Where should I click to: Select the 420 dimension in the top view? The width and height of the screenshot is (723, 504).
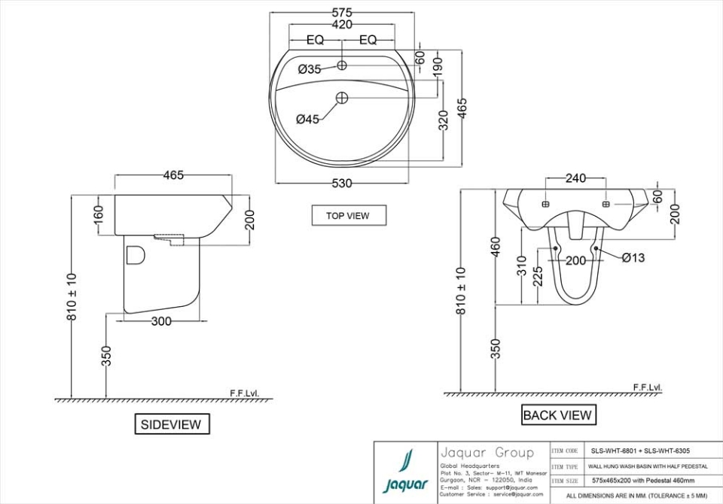(x=342, y=25)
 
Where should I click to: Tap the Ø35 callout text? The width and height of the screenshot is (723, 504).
(x=310, y=69)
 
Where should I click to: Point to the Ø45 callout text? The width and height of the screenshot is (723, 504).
(x=308, y=119)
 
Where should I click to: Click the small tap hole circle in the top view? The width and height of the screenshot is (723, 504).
(x=342, y=65)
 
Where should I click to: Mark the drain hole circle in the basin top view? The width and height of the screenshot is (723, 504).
(x=342, y=97)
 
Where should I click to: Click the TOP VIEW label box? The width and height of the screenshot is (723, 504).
(x=348, y=215)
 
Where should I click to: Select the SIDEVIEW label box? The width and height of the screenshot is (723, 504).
(x=171, y=424)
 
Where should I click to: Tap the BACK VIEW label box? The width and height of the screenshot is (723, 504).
(x=557, y=414)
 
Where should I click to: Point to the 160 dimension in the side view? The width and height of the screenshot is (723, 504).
(x=99, y=214)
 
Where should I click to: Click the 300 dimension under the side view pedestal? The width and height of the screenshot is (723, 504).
(x=161, y=321)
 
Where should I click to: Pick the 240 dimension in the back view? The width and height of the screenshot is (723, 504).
(x=576, y=178)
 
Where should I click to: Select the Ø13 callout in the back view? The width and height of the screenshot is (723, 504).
(x=633, y=258)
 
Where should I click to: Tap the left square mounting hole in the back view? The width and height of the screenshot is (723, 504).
(x=546, y=204)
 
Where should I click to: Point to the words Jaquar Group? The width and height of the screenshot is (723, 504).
(x=487, y=452)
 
